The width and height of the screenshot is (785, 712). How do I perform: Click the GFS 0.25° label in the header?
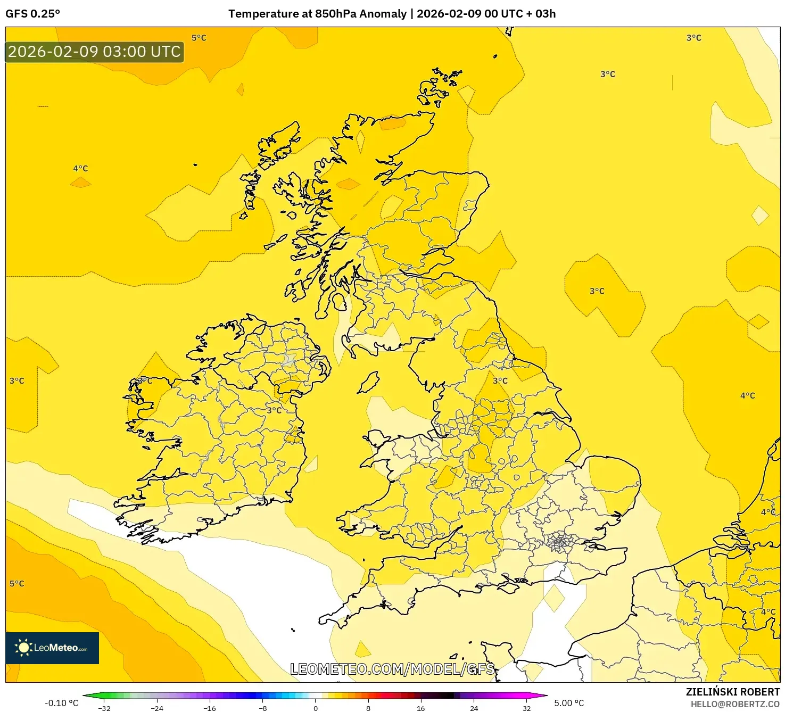coord(33,14)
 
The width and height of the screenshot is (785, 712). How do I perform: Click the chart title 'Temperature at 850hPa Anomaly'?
coord(317,14)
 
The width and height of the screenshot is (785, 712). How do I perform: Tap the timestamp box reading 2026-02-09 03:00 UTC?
coord(94,52)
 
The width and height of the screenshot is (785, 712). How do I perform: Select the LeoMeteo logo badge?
coord(52,648)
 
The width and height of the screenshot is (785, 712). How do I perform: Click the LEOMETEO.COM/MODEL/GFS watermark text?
coord(392,669)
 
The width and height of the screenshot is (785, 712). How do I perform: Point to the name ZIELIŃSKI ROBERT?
coord(732,692)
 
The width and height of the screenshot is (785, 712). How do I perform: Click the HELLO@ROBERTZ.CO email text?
coord(735,704)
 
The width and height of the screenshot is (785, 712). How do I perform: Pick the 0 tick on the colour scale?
coord(316,708)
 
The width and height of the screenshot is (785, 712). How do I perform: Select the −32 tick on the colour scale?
coord(104,708)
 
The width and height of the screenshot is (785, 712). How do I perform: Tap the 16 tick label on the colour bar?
coord(421,708)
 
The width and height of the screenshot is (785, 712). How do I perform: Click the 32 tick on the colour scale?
coord(526,708)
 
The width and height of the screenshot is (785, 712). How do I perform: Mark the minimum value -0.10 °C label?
coord(61,703)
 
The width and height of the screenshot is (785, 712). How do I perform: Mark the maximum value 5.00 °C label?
coord(569,703)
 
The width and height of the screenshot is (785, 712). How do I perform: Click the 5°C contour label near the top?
coord(199,38)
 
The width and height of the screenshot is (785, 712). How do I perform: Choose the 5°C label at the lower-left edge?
coord(17,583)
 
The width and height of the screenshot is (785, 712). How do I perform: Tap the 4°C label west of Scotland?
coord(81,168)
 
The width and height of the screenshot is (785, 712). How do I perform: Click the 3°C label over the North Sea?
coord(597,291)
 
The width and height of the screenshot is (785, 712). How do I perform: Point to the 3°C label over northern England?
coord(500,380)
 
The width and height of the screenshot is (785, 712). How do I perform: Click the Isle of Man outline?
coord(368,382)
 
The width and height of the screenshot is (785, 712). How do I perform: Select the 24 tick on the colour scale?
coord(474,708)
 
